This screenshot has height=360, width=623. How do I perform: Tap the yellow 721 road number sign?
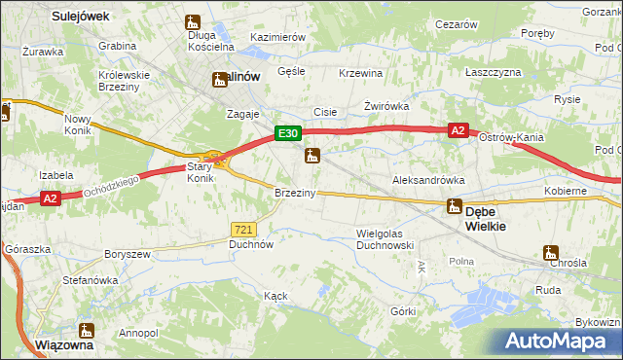tap(244, 229)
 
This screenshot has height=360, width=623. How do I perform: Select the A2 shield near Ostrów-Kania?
tap(459, 129)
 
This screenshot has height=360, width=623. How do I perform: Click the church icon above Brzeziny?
tap(312, 156)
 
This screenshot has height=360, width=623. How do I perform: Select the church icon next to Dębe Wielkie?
tap(454, 206)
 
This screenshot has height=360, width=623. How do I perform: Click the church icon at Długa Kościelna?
tap(193, 22)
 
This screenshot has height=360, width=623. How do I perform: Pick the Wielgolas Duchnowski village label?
tap(385, 239)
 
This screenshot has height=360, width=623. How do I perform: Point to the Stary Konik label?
tap(200, 172)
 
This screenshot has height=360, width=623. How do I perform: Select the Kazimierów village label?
tap(278, 37)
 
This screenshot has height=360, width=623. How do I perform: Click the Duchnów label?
tap(250, 245)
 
